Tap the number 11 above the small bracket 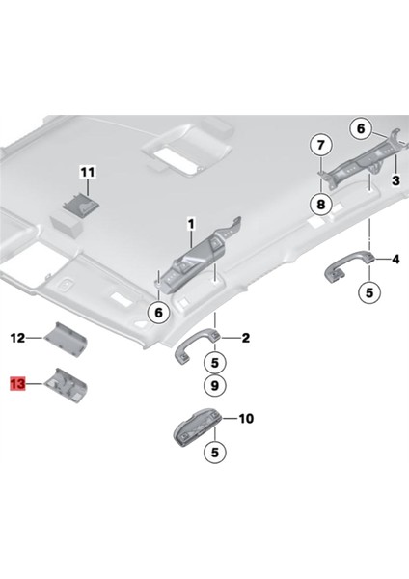88,172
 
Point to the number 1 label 191,224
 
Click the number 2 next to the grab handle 246,338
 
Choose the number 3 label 395,180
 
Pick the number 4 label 395,259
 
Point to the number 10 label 246,419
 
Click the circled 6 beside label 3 359,127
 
